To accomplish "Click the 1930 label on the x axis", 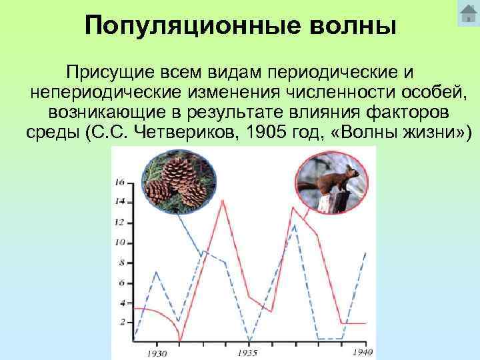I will [x=157, y=353].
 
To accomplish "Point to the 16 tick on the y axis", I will [x=120, y=181].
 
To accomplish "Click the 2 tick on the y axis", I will [x=122, y=322].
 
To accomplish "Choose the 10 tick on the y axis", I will [x=120, y=243].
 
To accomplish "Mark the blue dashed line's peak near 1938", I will [x=295, y=224].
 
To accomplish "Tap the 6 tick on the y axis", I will [x=122, y=283].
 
